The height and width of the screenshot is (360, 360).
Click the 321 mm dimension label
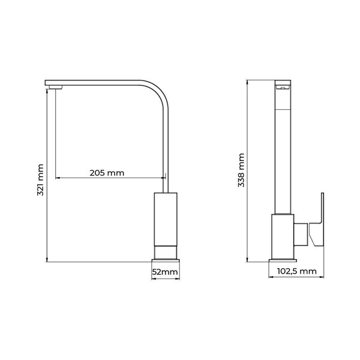(x=39, y=181)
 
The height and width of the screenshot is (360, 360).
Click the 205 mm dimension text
(x=107, y=173)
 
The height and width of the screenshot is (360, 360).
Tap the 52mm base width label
(x=164, y=272)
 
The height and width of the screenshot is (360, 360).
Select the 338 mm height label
(x=241, y=171)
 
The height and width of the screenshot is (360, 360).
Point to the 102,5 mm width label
(x=296, y=271)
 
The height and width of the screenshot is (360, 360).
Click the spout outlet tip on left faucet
(x=55, y=89)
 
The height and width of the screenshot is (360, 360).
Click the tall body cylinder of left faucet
(x=165, y=219)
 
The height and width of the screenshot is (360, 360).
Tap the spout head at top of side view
(x=283, y=85)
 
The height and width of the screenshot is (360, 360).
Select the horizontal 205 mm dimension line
(x=108, y=178)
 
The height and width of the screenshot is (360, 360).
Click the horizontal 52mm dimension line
(x=165, y=278)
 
